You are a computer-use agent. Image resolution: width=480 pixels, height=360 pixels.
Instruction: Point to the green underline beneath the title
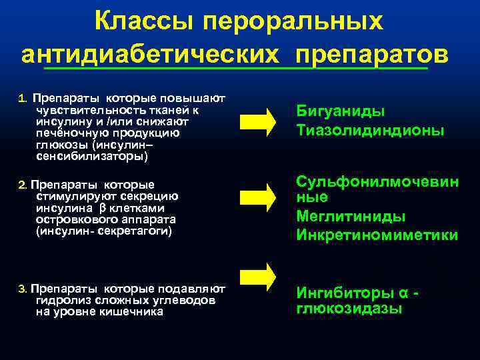tap(233, 68)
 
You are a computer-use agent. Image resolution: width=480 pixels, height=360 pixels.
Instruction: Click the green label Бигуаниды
tap(341, 112)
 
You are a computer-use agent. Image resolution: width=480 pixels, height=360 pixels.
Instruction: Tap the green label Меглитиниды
tap(351, 217)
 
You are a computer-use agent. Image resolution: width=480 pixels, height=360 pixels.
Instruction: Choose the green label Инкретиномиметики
tap(377, 235)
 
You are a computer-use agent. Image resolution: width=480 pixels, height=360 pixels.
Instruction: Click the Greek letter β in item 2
tap(112, 207)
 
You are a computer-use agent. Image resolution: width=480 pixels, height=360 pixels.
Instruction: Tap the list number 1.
tap(22, 99)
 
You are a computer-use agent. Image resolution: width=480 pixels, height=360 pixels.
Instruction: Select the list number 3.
tap(22, 289)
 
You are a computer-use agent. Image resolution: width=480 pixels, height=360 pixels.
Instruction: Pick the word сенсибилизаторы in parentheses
tap(89, 157)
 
